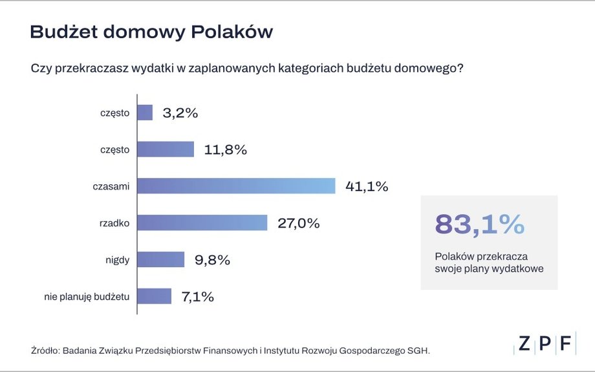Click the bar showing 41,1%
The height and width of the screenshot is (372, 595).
[x=236, y=186]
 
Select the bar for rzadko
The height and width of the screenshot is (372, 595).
[x=202, y=223]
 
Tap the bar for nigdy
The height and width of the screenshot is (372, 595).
[x=161, y=259]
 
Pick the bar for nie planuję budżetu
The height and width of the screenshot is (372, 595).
[x=155, y=296]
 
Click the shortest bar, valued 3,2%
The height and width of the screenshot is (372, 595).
[x=145, y=113]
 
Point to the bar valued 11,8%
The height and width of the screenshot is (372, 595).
[x=166, y=149]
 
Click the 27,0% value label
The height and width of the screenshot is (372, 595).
[x=299, y=223]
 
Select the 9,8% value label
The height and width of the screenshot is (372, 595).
[x=213, y=260]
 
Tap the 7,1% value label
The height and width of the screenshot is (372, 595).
[x=198, y=297]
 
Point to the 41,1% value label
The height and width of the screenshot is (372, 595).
[x=367, y=186]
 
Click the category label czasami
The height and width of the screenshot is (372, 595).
[x=111, y=186]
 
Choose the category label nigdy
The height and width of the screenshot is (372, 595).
[x=118, y=260]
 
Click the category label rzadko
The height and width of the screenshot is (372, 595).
[x=114, y=223]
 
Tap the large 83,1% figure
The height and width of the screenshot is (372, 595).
[x=480, y=224]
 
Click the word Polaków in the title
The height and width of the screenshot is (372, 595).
[x=232, y=32]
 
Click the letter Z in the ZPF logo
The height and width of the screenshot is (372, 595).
[x=524, y=344]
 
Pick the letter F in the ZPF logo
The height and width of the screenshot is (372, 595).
[x=566, y=344]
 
